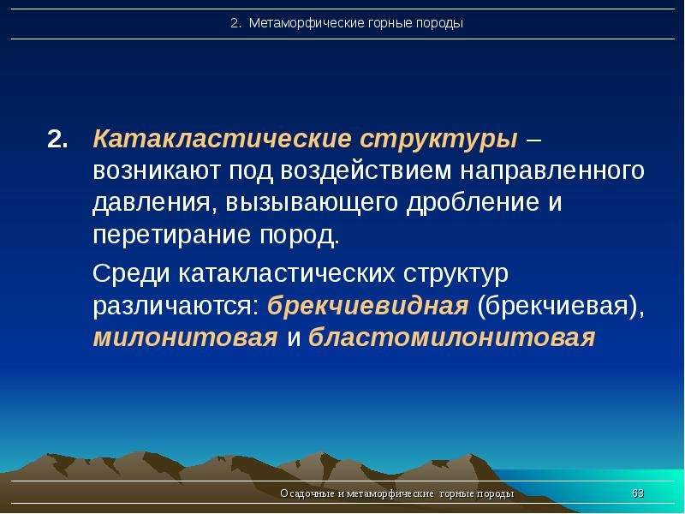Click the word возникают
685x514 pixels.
(157, 171)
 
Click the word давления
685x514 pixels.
(146, 204)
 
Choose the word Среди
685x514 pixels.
(132, 274)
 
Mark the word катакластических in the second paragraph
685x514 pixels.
(286, 274)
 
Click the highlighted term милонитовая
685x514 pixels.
(185, 338)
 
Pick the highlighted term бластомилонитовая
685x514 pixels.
(451, 338)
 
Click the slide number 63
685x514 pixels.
(637, 494)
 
